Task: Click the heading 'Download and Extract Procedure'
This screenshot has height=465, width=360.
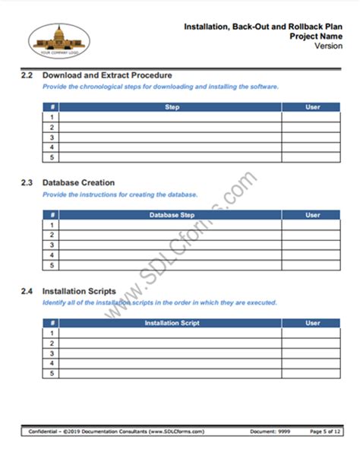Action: tap(107, 75)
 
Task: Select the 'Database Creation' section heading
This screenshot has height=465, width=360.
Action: tap(78, 183)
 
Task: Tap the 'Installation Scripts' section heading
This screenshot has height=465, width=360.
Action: tap(79, 291)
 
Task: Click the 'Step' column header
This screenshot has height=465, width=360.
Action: tap(172, 108)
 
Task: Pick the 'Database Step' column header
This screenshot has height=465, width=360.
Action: tap(172, 216)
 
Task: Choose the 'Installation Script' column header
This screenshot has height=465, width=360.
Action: tap(172, 323)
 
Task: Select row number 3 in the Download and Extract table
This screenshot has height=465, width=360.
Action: tap(52, 138)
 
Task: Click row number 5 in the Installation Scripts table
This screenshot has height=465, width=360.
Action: tap(52, 373)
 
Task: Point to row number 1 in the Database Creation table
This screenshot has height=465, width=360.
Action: tap(52, 226)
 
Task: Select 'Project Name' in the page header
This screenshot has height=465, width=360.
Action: tap(311, 36)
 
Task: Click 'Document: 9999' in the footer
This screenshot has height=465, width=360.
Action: tap(268, 432)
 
